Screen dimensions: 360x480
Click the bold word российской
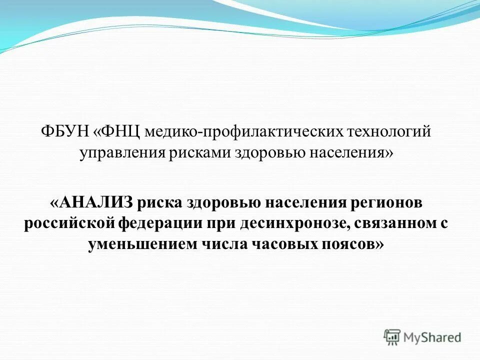click(x=70, y=223)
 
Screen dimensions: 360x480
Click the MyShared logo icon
click(x=392, y=337)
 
